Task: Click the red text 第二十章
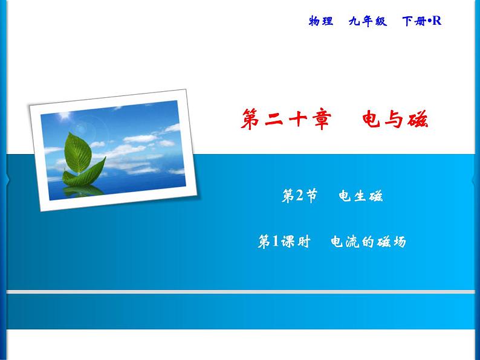tap(286, 120)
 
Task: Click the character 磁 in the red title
tap(418, 120)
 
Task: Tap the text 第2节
tap(299, 196)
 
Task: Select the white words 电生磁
tap(361, 196)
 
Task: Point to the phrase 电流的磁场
tap(368, 242)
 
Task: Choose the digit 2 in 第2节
tap(300, 196)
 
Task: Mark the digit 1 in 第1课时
tap(276, 242)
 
